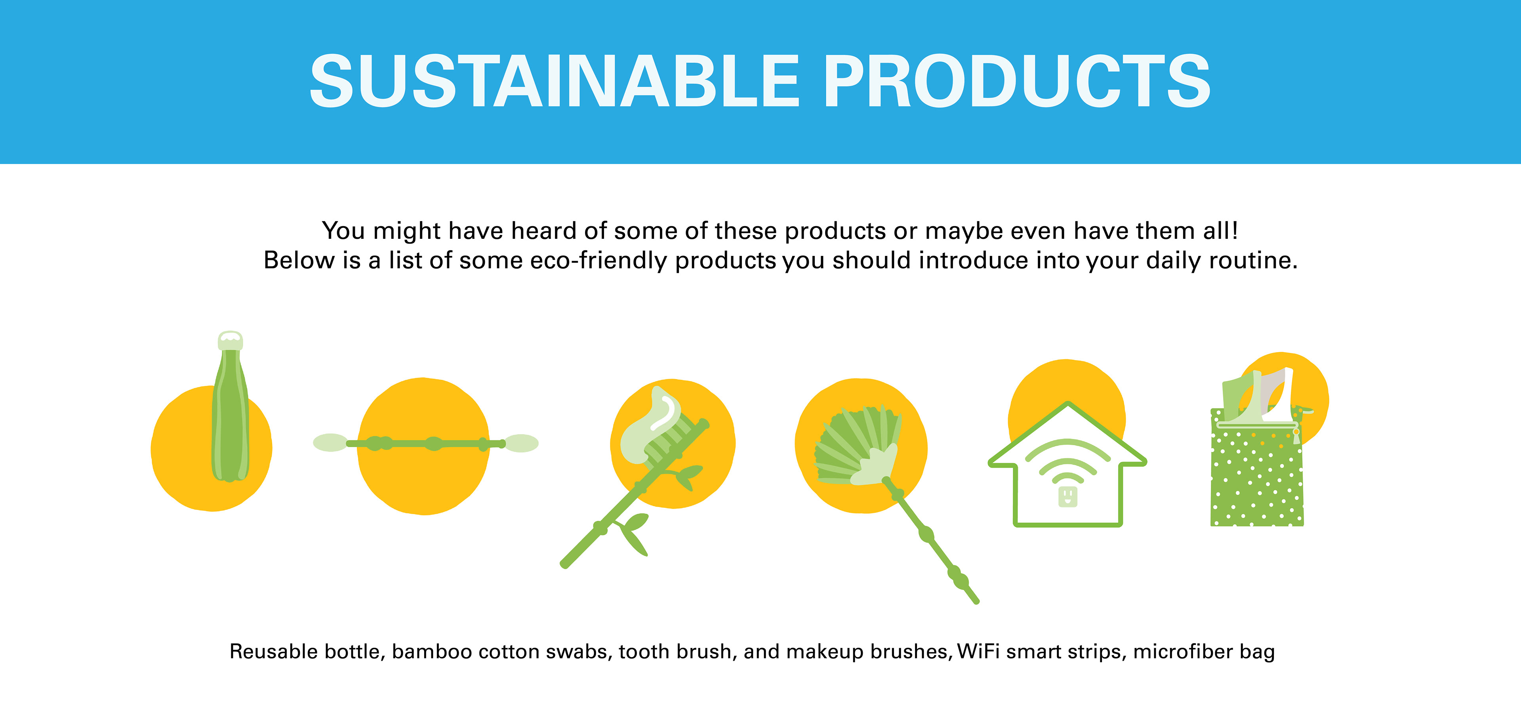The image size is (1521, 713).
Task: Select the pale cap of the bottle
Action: [230, 341]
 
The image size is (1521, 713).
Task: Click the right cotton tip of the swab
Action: [521, 443]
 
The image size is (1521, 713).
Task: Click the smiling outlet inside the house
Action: [1067, 496]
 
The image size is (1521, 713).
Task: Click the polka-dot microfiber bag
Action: [1256, 466]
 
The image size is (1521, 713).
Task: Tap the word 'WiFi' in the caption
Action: [978, 651]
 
